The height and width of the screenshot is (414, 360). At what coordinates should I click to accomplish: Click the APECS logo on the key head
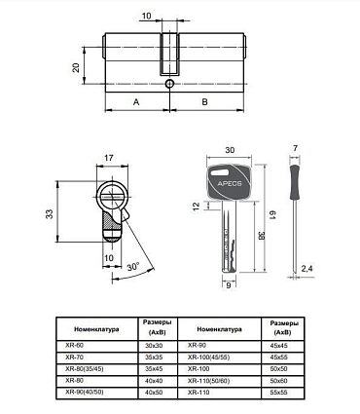230,184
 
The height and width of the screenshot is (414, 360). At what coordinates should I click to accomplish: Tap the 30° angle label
133,267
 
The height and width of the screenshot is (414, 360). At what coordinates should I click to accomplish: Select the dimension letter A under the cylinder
136,102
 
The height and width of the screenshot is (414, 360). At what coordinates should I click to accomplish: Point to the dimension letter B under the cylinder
204,102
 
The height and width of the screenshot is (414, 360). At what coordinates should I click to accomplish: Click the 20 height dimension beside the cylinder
76,68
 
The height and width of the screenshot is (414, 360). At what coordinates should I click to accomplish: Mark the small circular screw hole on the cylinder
169,84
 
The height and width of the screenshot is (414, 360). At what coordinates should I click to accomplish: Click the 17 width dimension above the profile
109,158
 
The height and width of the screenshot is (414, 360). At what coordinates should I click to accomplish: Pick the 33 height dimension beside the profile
50,214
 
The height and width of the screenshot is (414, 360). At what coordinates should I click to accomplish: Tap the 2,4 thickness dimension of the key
306,268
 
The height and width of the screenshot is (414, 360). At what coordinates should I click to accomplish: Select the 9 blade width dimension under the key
229,285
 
